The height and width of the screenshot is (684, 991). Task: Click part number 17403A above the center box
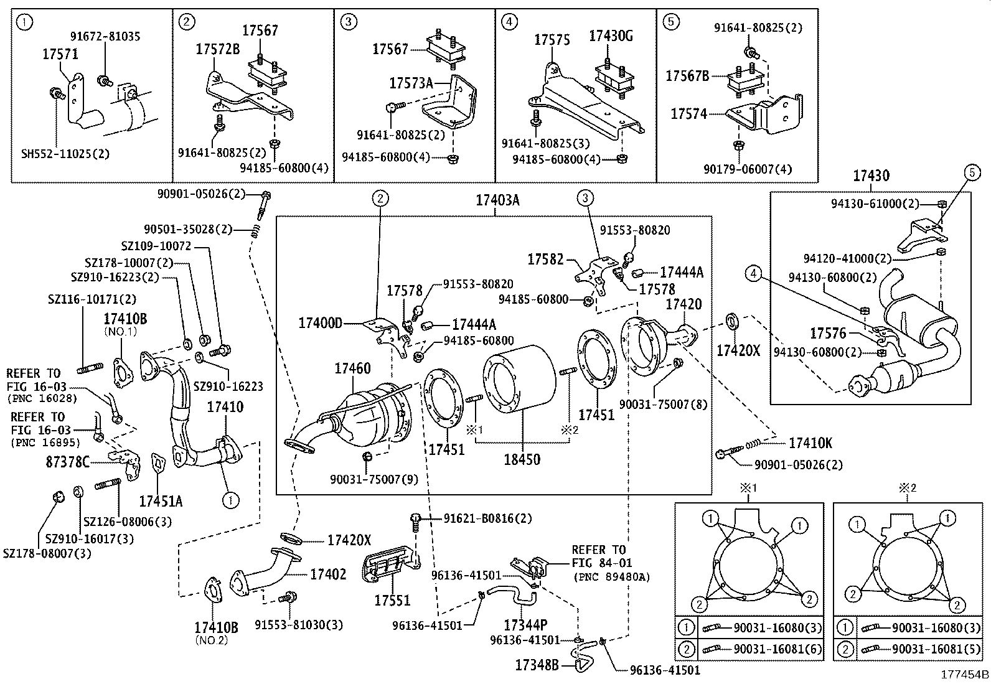click(x=497, y=200)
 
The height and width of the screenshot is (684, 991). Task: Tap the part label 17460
click(x=352, y=368)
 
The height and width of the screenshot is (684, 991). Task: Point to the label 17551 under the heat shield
click(x=392, y=601)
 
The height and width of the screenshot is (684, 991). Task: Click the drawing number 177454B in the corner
click(x=964, y=675)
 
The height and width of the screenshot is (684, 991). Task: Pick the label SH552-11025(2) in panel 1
click(x=65, y=153)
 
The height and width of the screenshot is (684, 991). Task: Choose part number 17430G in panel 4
click(x=611, y=37)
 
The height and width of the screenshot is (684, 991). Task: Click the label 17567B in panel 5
click(x=687, y=76)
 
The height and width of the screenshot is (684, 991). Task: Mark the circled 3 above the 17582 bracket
click(x=585, y=198)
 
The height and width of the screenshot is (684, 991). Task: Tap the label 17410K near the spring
click(x=810, y=444)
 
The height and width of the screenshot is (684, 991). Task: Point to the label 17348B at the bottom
click(x=536, y=665)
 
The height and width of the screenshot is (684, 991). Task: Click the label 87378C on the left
click(x=68, y=461)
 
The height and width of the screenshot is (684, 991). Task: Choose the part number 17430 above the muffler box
click(x=871, y=176)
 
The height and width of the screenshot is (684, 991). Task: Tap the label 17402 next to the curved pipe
click(x=328, y=574)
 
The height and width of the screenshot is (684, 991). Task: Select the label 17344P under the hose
click(x=525, y=624)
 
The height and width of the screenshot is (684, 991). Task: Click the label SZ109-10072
click(x=156, y=246)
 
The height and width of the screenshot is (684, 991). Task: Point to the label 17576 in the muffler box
click(x=828, y=334)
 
